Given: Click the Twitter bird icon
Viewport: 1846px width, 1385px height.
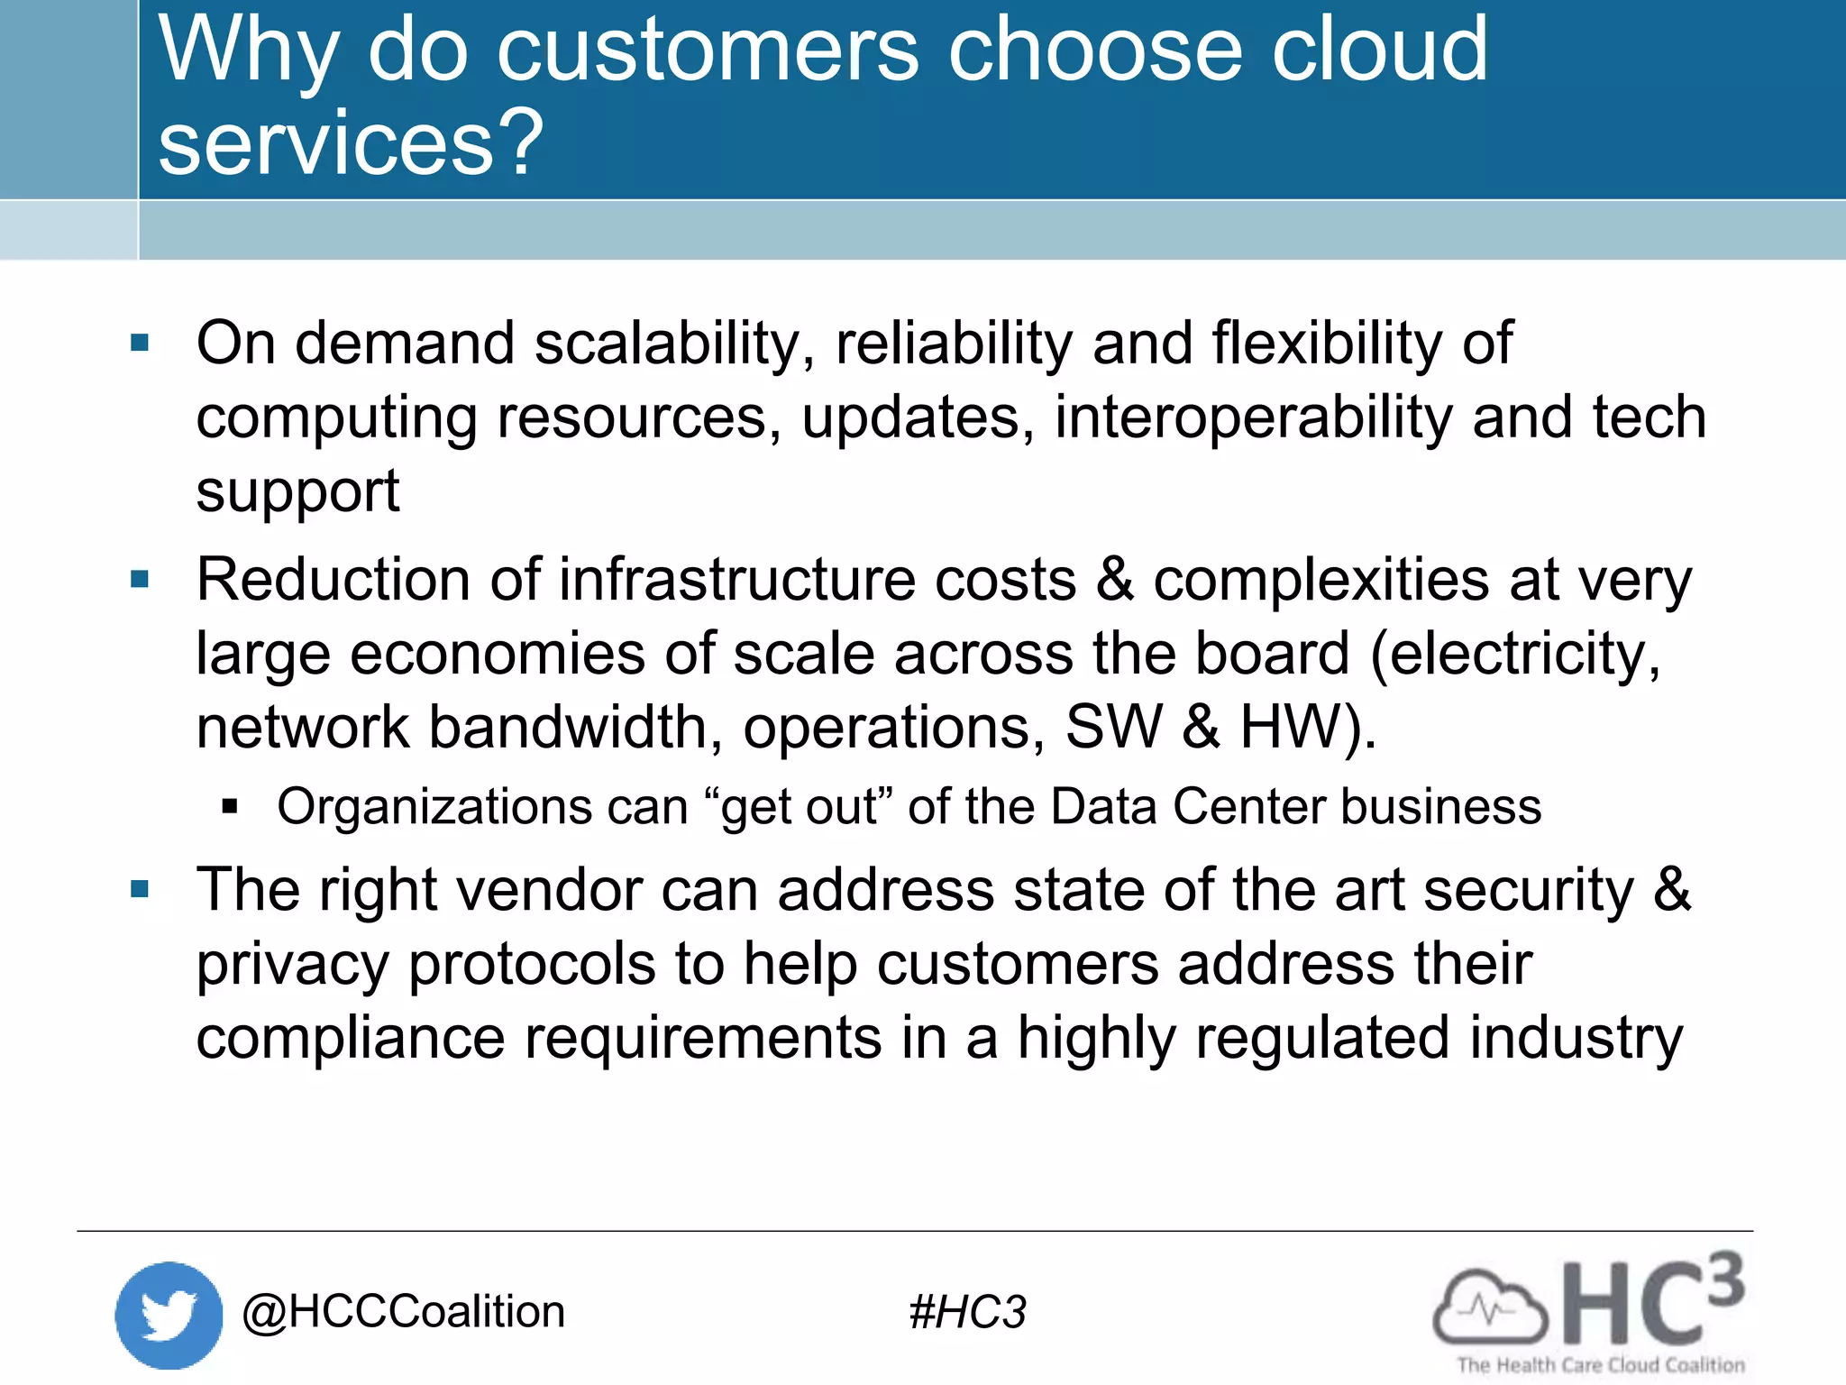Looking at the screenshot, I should (x=169, y=1315).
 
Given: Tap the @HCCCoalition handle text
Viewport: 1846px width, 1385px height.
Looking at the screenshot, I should (x=403, y=1311).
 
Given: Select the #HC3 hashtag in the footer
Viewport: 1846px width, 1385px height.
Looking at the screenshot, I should (x=967, y=1312).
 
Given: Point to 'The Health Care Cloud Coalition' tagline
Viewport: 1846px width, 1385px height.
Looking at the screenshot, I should (x=1601, y=1365).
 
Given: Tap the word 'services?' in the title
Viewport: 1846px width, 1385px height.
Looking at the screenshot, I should (x=351, y=142).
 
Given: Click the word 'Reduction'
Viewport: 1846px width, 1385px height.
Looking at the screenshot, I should (x=334, y=580).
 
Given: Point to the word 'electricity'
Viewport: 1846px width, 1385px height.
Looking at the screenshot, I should (x=1516, y=654).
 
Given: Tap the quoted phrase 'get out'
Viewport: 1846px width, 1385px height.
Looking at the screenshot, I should (x=800, y=807).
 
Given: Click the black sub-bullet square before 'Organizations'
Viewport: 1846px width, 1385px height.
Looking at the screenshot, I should (x=230, y=806).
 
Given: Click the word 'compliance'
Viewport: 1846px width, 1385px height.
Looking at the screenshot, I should (x=351, y=1039).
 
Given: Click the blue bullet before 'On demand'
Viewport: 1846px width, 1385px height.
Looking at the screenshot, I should (x=140, y=343).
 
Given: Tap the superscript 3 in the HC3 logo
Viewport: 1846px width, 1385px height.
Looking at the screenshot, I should (x=1725, y=1279).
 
